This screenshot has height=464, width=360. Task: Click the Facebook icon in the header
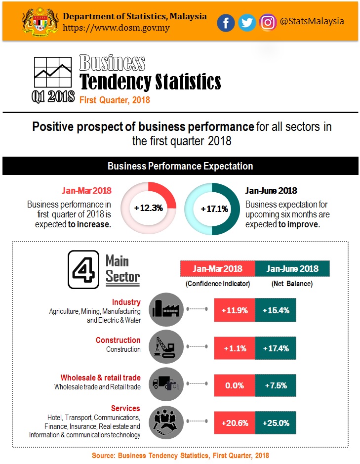[226, 23]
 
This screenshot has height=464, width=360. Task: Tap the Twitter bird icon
[247, 23]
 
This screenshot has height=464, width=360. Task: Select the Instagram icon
[268, 22]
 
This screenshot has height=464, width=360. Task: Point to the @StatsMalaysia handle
[312, 22]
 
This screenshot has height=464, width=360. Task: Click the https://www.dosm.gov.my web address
[116, 28]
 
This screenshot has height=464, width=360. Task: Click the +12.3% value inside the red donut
[148, 208]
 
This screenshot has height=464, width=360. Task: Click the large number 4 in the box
[82, 269]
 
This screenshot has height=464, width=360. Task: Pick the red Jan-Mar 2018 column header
[217, 269]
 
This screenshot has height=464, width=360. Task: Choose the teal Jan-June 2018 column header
[292, 269]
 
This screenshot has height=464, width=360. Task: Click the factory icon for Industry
[165, 310]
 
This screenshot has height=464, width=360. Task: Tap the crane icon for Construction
[165, 348]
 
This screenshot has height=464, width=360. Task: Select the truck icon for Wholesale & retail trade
[165, 385]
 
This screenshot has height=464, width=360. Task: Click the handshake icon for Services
[165, 422]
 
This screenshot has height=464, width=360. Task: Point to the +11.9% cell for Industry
[235, 311]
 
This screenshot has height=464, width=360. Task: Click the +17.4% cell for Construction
[276, 348]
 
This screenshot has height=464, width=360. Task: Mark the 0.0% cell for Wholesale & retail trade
[235, 385]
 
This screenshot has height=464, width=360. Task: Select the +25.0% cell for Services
[276, 423]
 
